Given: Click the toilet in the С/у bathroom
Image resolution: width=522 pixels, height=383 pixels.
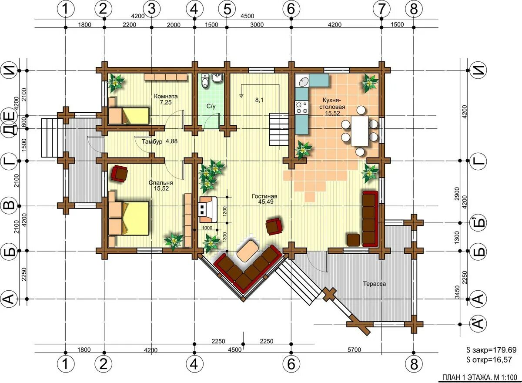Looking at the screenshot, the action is click(205, 81).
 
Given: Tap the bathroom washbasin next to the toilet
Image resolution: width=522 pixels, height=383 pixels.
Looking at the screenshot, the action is click(217, 78).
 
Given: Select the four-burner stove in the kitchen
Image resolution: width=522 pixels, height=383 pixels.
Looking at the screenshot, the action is click(302, 108).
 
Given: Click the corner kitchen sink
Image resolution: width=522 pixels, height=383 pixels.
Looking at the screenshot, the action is click(302, 81).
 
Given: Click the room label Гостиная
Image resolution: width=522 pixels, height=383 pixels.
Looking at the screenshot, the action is click(264, 196).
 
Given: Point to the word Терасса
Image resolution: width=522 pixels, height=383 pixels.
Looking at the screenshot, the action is click(374, 284).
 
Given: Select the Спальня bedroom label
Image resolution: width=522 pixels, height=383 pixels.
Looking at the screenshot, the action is click(161, 183).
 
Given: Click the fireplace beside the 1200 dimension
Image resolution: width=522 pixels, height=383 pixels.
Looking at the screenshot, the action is click(208, 209).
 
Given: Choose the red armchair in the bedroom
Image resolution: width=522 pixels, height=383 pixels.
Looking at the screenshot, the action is click(120, 173).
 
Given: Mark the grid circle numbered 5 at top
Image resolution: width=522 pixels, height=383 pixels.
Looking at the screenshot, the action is click(227, 9).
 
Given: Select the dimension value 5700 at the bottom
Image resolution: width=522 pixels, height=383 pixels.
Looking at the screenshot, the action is click(354, 349).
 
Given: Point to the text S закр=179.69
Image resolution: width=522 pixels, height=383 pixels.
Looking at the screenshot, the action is click(488, 350).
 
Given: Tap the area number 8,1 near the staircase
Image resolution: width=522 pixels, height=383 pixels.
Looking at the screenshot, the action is click(259, 100).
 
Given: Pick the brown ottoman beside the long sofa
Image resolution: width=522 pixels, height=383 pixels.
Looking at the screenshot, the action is click(354, 240).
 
